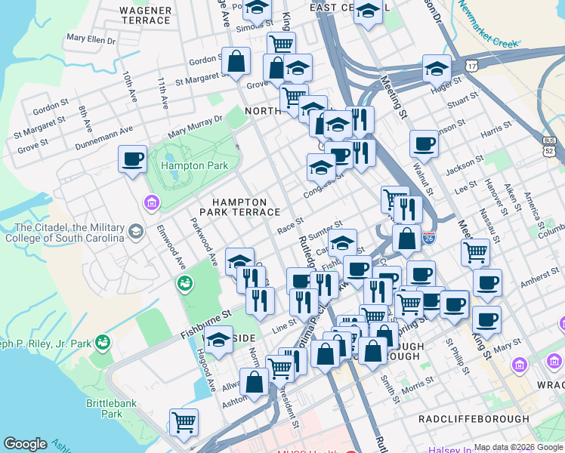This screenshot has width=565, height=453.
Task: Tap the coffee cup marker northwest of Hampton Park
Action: coord(133,159)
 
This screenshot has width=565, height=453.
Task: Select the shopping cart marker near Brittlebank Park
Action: coord(184,424)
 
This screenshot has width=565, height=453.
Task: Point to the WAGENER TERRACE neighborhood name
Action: coord(145,15)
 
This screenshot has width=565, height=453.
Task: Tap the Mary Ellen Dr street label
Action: coord(91,38)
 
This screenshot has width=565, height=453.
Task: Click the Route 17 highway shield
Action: coord(473,66)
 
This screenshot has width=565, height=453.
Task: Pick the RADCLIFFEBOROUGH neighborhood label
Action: coord(474,418)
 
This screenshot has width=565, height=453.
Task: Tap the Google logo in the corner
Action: coord(25,443)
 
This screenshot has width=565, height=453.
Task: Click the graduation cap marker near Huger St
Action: coord(437,69)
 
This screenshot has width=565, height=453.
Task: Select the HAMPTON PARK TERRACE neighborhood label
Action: coord(239,208)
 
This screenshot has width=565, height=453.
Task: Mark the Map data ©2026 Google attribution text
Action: coord(518,447)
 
